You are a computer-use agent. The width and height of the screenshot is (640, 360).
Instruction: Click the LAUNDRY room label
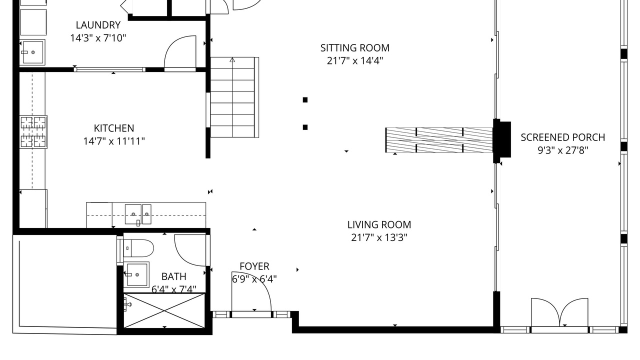pos(98,25)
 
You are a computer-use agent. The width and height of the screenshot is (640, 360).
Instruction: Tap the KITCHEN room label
pos(114,128)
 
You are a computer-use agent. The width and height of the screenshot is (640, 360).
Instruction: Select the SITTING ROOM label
pos(355,48)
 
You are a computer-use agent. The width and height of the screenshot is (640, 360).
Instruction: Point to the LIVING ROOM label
pos(379,225)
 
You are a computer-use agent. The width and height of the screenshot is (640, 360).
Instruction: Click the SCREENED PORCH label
pos(563,137)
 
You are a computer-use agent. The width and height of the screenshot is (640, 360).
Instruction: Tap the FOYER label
pos(254,266)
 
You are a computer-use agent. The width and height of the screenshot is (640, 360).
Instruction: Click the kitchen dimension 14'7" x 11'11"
pos(114,141)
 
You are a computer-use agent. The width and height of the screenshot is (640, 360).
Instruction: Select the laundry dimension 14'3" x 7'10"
pos(98,37)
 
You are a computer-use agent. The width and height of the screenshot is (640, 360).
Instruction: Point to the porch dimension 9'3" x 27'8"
pos(563,150)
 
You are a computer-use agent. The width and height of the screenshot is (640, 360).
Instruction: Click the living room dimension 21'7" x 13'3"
pos(379,237)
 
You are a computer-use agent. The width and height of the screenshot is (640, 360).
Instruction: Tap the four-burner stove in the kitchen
pos(33,132)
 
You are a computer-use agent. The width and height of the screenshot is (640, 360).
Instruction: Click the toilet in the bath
pos(138,248)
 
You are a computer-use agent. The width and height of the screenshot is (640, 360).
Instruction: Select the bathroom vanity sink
pos(136,275)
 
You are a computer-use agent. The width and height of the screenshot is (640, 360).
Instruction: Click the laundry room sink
pos(32,52)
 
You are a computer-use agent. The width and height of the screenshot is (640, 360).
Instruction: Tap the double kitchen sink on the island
pos(138,214)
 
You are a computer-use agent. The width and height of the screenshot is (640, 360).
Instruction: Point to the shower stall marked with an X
pos(164,311)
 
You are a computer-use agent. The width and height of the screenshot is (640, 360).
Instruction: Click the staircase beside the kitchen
pos(232,97)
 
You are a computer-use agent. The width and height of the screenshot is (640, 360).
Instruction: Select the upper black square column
pos(305,100)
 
